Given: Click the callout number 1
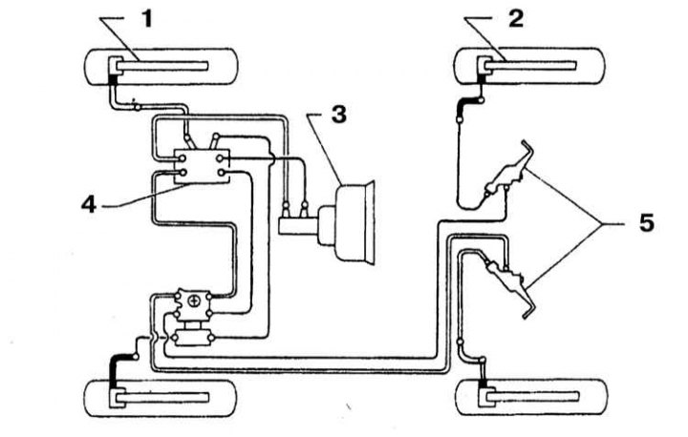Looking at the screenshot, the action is tap(147, 19).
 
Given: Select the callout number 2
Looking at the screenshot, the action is tap(516, 19).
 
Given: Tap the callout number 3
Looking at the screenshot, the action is tap(338, 114).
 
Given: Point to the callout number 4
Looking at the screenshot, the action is tap(89, 204).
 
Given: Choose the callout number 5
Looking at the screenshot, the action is tap(646, 223).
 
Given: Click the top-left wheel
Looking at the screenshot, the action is tap(161, 67).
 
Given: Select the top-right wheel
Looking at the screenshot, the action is tap(529, 67).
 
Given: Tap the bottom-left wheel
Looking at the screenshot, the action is tap(161, 399).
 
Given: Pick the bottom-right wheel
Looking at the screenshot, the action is tap(532, 397).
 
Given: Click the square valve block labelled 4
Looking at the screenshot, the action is tap(203, 166).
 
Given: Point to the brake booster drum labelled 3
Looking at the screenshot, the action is tap(355, 222).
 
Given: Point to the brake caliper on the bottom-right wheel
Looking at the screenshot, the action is tap(485, 397).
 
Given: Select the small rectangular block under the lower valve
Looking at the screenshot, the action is tap(193, 338).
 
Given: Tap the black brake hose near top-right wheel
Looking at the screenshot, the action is tap(465, 105).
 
